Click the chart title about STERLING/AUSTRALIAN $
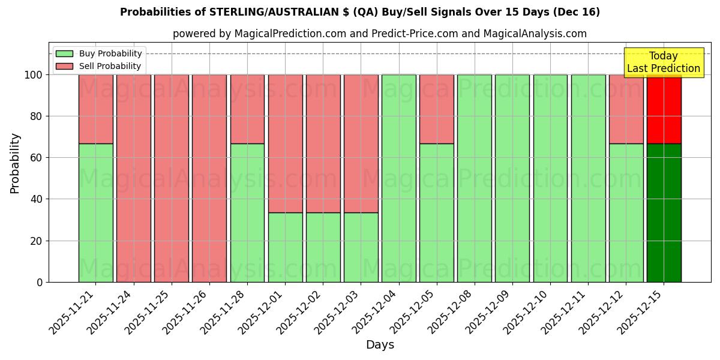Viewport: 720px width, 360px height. [x=359, y=12]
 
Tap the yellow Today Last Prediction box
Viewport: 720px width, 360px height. [x=663, y=62]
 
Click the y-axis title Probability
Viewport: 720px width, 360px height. [x=15, y=163]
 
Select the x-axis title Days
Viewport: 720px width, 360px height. [x=380, y=345]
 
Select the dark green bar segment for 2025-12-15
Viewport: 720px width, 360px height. [x=664, y=213]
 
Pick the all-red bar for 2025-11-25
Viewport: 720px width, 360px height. [x=172, y=178]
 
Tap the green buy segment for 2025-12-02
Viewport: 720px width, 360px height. [x=323, y=247]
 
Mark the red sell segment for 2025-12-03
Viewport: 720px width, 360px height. [x=361, y=143]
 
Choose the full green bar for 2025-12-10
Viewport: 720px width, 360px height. [x=550, y=178]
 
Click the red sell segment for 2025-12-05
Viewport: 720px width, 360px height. [x=436, y=109]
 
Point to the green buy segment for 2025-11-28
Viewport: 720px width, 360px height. [x=247, y=213]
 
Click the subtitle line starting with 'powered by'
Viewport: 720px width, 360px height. [x=380, y=34]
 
